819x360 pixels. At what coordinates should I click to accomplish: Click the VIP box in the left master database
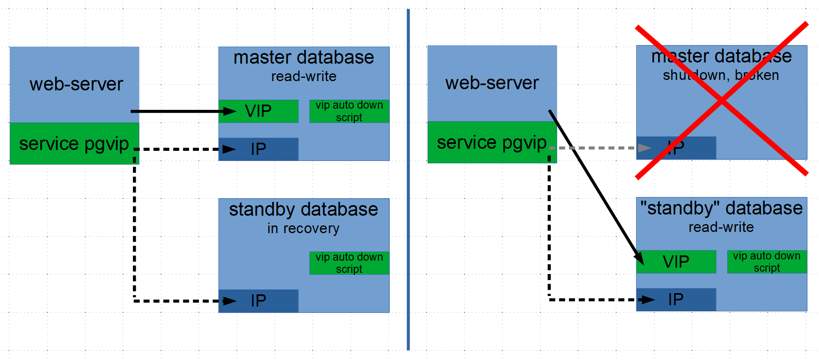click(x=259, y=111)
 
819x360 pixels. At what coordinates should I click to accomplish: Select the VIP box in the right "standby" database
click(x=676, y=261)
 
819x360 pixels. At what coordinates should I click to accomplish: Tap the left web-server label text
click(x=76, y=84)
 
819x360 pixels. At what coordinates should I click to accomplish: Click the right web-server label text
click(x=492, y=83)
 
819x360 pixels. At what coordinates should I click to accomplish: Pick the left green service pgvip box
click(x=74, y=144)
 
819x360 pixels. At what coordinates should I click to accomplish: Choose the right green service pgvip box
click(x=492, y=142)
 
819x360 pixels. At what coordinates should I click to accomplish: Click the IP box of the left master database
click(x=259, y=149)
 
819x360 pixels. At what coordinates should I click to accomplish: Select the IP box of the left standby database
click(x=259, y=301)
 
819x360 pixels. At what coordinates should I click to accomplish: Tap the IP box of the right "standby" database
click(x=676, y=300)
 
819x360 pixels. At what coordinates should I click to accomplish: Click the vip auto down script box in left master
click(x=349, y=111)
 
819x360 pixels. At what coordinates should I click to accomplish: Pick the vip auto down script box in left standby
click(x=349, y=263)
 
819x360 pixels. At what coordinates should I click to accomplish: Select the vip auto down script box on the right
click(x=767, y=262)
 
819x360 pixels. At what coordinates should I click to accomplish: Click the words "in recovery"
click(x=303, y=228)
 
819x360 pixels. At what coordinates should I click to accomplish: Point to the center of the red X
click(x=722, y=100)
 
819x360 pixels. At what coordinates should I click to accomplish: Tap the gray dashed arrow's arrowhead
click(x=644, y=148)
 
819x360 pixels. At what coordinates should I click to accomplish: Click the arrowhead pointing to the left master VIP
click(x=230, y=111)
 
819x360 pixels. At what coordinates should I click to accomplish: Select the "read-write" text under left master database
click(x=304, y=76)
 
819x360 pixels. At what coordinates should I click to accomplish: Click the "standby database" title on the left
click(x=304, y=210)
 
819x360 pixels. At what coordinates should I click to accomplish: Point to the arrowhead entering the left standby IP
click(x=230, y=301)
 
